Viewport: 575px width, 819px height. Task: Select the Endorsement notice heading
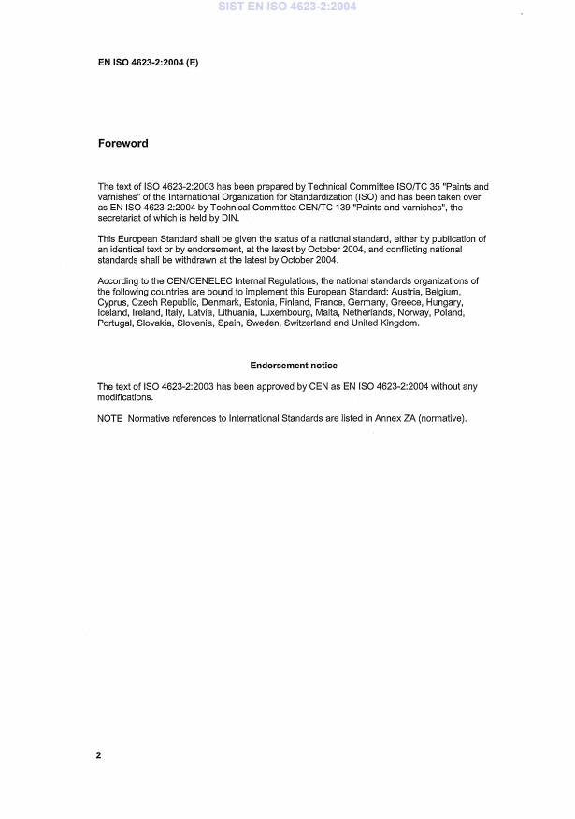point(294,365)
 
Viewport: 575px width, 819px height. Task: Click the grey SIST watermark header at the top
point(287,7)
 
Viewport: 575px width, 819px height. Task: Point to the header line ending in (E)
point(148,63)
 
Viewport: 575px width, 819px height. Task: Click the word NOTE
point(110,417)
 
